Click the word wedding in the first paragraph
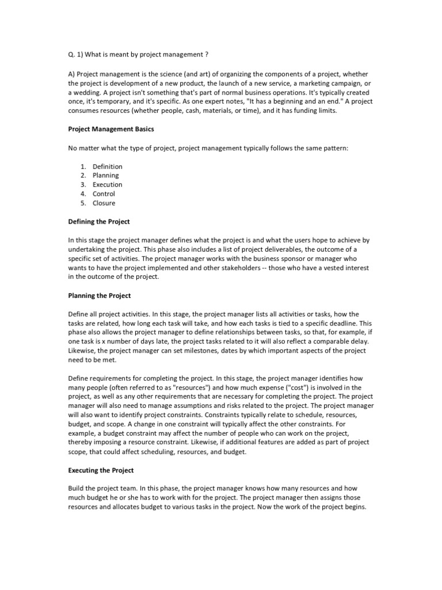point(85,93)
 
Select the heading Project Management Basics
point(111,129)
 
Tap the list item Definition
point(108,167)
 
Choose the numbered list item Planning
point(106,175)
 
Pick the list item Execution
point(108,184)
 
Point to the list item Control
point(104,194)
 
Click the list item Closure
point(104,203)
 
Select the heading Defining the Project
point(100,221)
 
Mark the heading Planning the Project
point(100,296)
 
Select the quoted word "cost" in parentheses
point(299,388)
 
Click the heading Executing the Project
point(101,471)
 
